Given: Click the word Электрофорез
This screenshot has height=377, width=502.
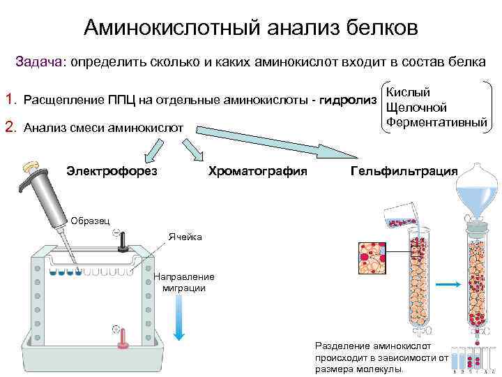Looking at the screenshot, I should (x=112, y=171).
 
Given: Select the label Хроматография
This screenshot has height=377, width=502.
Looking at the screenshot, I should (x=257, y=171).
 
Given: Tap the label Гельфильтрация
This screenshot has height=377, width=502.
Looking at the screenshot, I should (x=404, y=171).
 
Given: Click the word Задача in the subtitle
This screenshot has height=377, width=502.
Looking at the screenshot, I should (x=39, y=61).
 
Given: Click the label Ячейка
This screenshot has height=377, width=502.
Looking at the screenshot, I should (x=185, y=237).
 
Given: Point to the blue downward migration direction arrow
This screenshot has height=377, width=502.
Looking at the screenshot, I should (x=178, y=318).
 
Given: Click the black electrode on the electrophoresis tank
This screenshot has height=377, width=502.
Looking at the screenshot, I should (x=121, y=241).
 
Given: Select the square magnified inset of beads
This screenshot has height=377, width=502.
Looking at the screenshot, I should (x=374, y=260).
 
